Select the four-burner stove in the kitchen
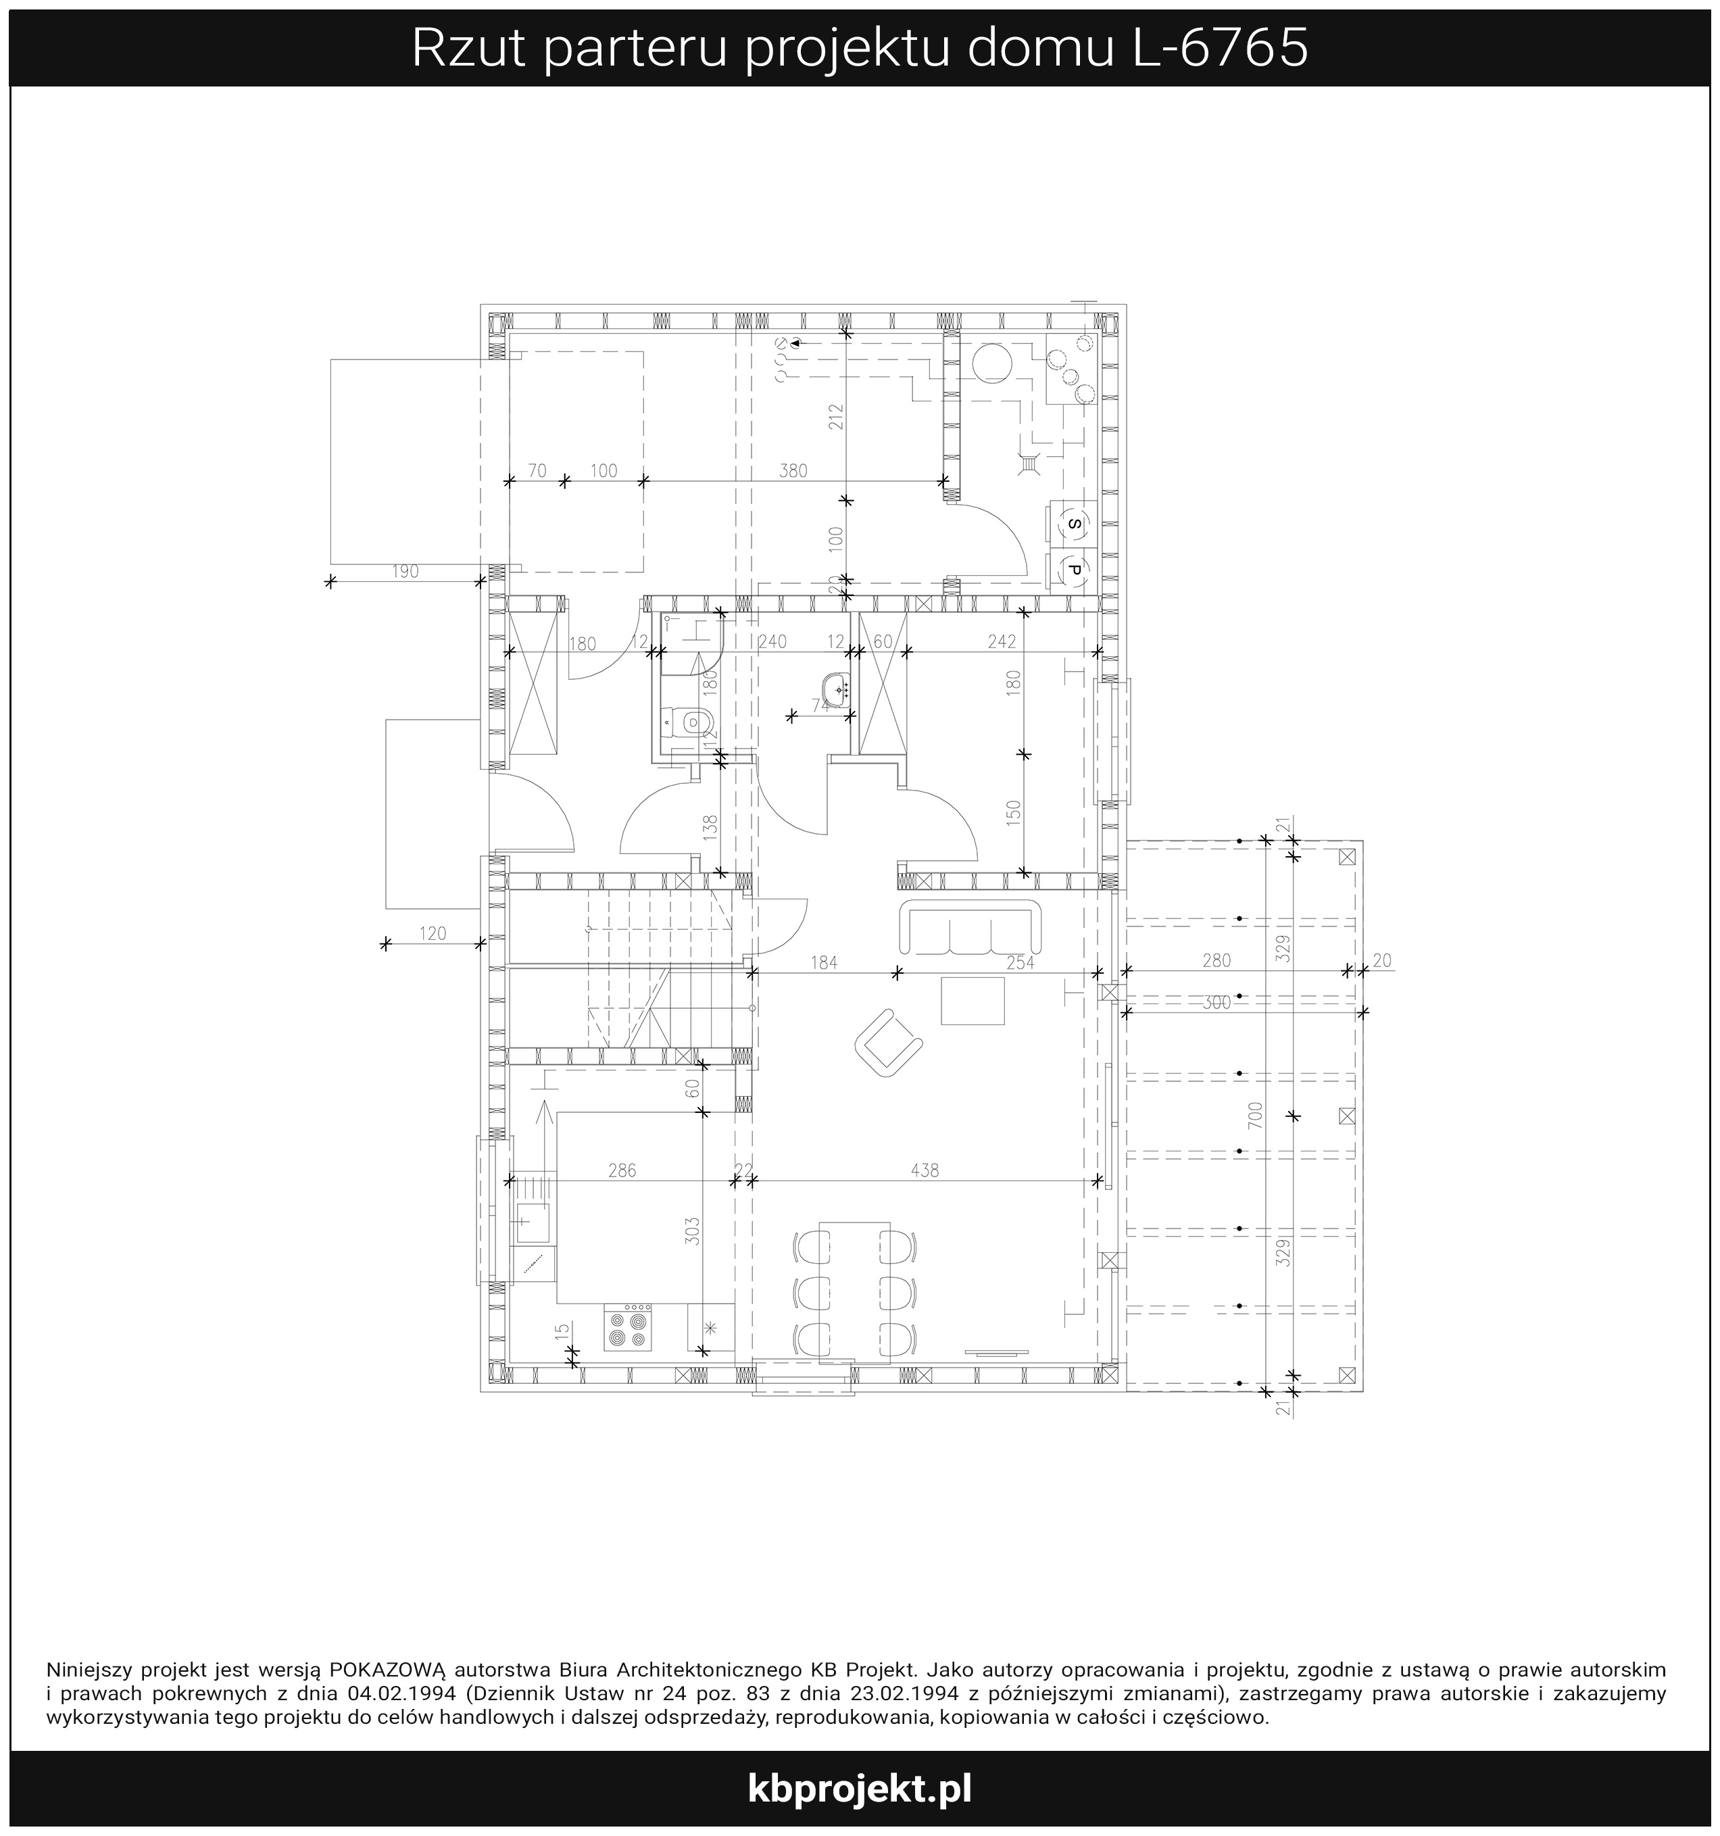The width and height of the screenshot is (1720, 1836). click(627, 1328)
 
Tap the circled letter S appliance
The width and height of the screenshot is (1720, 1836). click(1073, 524)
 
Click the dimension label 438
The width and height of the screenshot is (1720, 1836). click(925, 1170)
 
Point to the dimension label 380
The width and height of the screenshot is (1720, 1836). click(793, 471)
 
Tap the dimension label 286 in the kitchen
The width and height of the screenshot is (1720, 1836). click(622, 1170)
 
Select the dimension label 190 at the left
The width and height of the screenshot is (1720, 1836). click(405, 572)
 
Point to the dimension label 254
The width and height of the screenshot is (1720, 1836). click(1021, 963)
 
